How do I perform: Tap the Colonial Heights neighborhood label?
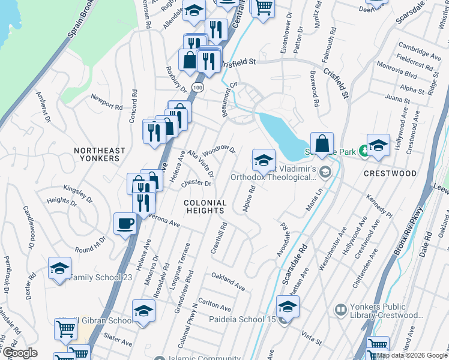205,207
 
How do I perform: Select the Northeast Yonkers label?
100,154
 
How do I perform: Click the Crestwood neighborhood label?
390,173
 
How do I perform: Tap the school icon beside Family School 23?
59,268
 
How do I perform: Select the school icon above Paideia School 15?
288,307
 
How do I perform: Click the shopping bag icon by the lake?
322,143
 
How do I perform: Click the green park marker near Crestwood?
363,150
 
